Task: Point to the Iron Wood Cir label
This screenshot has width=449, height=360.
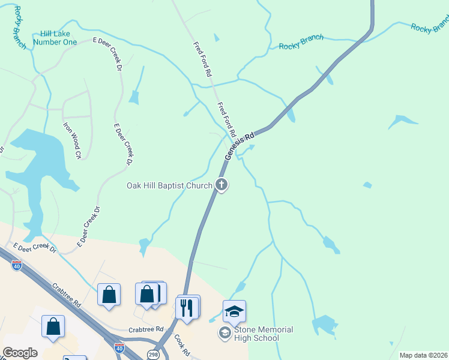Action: pos(73,141)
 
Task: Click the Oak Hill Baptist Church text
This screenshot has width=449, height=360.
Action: pos(169,185)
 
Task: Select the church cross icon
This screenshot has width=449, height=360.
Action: pos(221,185)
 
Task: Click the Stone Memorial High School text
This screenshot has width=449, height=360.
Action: pos(264,334)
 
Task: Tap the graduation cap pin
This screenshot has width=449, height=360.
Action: pos(234,311)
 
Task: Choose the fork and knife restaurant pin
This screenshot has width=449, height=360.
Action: pos(187,308)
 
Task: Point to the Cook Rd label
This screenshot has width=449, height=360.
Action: pos(182,344)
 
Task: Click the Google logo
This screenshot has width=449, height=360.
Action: pos(20,353)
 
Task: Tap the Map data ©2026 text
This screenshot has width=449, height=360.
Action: pos(423,355)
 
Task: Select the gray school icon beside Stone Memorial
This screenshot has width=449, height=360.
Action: pos(224,333)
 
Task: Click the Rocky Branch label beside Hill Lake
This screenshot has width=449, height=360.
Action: pos(19,27)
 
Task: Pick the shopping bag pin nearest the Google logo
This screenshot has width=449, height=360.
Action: pos(53,328)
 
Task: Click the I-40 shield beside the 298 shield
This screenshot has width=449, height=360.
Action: pos(119,347)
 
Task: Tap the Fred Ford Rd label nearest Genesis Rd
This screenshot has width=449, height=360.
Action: pos(227,118)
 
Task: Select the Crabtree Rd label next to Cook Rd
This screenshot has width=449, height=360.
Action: pos(146,329)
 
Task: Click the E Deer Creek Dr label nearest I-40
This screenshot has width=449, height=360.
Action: pos(34,248)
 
